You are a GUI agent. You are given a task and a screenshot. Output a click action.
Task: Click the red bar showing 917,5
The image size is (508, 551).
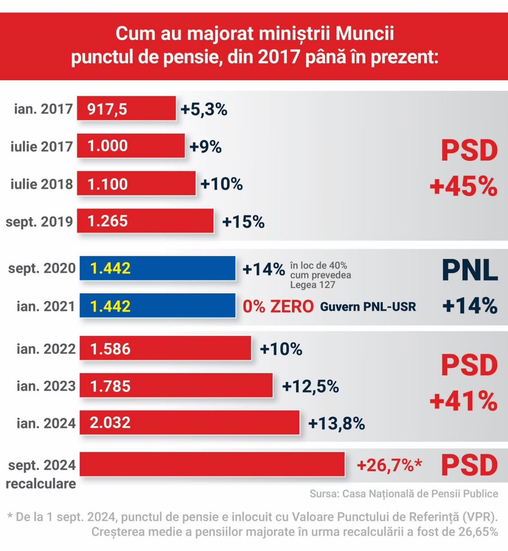coord(127,108)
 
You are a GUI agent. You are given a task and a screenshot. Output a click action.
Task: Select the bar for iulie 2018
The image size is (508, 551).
coord(136,183)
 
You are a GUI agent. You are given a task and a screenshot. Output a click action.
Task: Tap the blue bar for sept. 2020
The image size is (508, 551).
coord(158,268)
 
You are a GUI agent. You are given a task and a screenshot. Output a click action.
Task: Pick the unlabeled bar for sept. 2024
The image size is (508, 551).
coord(212,464)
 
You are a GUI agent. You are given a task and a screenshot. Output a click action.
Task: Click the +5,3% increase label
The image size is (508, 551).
coord(204,109)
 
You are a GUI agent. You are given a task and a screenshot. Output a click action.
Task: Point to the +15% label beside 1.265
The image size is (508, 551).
coord(243,222)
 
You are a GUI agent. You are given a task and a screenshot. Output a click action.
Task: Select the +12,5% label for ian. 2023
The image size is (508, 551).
coord(311,386)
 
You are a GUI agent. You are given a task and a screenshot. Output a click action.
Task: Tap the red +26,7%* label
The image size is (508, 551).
coord(389,465)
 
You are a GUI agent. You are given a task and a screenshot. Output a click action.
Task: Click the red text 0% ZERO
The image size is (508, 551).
coord(278,306)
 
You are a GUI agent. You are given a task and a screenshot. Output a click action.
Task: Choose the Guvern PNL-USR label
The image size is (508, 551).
coord(368,307)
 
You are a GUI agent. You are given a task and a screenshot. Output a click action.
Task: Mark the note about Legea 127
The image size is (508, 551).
coord(321,275)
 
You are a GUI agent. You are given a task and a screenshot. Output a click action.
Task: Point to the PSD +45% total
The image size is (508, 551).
coord(464,168)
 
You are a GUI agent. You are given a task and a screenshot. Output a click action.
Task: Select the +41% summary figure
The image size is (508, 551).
coord(464,401)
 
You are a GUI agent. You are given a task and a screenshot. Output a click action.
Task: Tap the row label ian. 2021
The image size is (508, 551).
coord(46,306)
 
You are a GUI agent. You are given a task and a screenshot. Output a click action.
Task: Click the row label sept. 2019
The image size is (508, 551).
coord(39,222)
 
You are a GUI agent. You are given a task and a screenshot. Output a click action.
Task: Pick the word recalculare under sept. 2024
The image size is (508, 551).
coord(41,484)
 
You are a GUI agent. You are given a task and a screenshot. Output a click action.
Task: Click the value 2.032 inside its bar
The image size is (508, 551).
coord(110,422)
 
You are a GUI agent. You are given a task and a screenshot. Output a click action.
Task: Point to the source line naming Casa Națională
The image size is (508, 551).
coord(404,494)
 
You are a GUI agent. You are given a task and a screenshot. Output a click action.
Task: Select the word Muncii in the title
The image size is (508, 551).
coord(365,34)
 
